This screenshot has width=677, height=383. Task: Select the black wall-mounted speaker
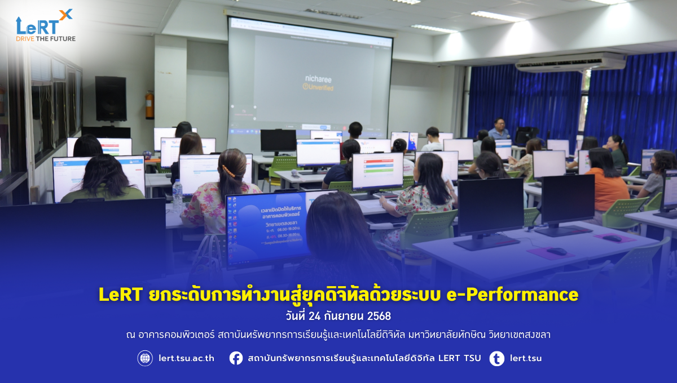click(111, 98)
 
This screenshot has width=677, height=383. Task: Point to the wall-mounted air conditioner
click(570, 62)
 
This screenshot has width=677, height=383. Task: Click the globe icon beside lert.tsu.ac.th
click(145, 358)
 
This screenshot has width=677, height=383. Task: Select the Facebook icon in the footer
click(236, 358)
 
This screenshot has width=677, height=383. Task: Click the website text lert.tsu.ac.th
click(186, 358)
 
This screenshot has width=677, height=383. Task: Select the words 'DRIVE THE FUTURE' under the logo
click(46, 38)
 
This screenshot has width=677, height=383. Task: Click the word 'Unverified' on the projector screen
click(321, 88)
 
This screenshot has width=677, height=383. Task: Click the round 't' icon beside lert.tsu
click(496, 358)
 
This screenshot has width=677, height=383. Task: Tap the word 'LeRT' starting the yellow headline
click(119, 295)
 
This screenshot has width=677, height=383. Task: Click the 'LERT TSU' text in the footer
click(459, 358)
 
